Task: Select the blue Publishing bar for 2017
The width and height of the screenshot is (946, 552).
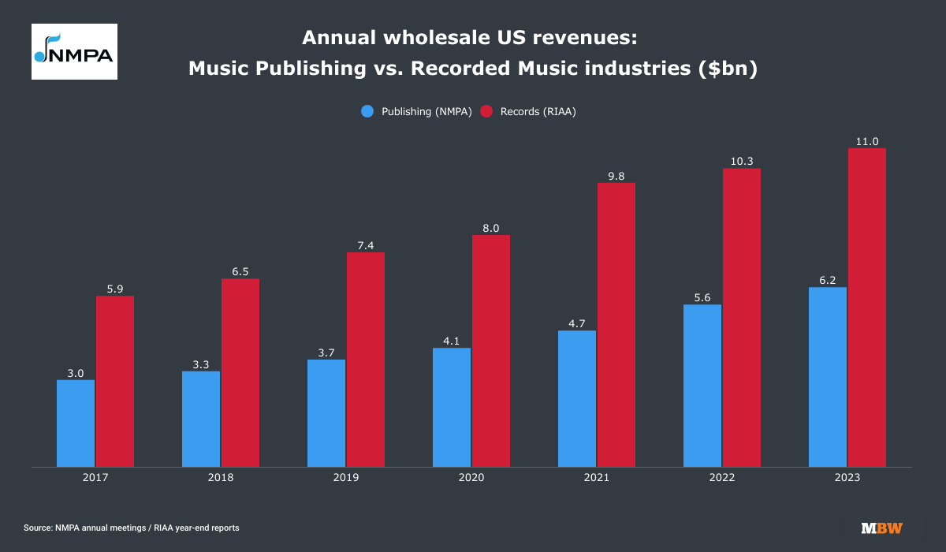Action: pyautogui.click(x=76, y=423)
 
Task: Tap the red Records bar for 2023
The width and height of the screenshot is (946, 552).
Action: pyautogui.click(x=867, y=308)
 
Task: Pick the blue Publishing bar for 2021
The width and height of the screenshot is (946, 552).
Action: pyautogui.click(x=577, y=398)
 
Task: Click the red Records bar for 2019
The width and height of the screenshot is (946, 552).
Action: pyautogui.click(x=366, y=360)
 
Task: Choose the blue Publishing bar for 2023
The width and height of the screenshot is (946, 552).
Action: pyautogui.click(x=828, y=377)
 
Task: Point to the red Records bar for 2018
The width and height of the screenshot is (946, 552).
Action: pyautogui.click(x=240, y=372)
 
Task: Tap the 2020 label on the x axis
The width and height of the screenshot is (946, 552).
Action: pyautogui.click(x=471, y=479)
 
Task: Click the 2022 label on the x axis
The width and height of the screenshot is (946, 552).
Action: pyautogui.click(x=722, y=479)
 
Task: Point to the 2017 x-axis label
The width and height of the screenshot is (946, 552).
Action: pyautogui.click(x=95, y=479)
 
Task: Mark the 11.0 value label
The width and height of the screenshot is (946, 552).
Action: pyautogui.click(x=867, y=141)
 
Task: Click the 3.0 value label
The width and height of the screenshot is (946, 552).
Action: pyautogui.click(x=76, y=373)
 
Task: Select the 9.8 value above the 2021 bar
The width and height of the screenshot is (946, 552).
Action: pyautogui.click(x=616, y=176)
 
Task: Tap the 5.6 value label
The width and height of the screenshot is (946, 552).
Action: pyautogui.click(x=702, y=297)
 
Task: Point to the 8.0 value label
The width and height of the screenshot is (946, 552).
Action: pyautogui.click(x=491, y=228)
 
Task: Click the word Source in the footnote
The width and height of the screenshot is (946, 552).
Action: pyautogui.click(x=38, y=528)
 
